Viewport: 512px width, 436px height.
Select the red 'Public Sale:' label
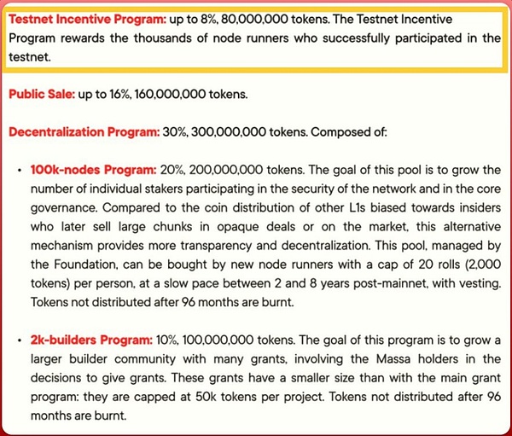pyautogui.click(x=41, y=94)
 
